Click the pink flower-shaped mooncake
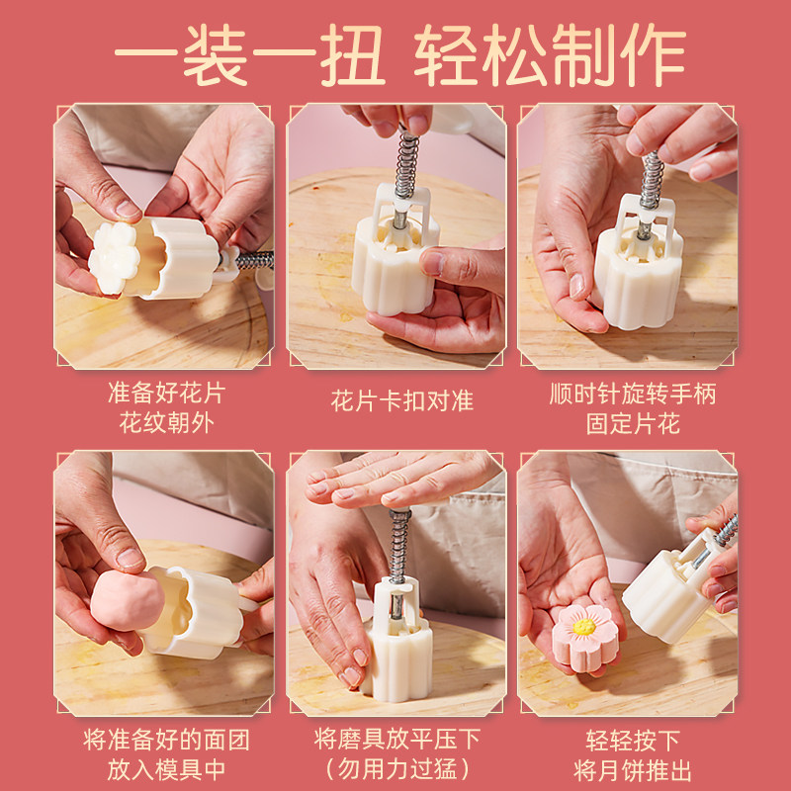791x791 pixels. tap(585, 638)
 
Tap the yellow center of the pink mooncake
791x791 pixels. tap(584, 627)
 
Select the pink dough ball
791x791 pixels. tap(127, 600)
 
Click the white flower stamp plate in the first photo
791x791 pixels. tap(114, 258)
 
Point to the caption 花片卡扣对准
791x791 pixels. tap(402, 401)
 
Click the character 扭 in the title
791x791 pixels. tap(353, 55)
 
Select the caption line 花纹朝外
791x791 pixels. tap(166, 423)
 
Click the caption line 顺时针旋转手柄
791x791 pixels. tap(633, 394)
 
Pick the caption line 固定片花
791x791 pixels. tap(633, 424)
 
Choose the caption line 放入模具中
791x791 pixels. tap(166, 770)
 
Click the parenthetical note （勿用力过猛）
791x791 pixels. tap(398, 769)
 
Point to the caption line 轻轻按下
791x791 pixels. tap(633, 741)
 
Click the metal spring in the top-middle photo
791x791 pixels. tap(406, 165)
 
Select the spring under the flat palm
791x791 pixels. tap(399, 546)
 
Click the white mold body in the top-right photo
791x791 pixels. tap(639, 278)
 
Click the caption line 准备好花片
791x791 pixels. tap(166, 393)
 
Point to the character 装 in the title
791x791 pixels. tap(216, 55)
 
